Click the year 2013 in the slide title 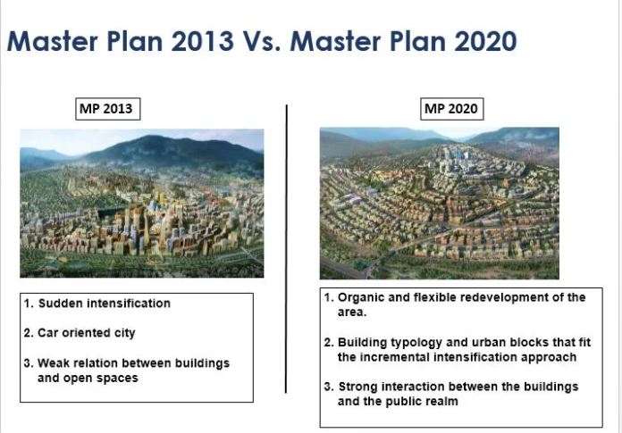[x=202, y=41]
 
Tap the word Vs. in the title [x=262, y=41]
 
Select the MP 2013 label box [x=108, y=109]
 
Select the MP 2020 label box [x=452, y=109]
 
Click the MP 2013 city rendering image [x=141, y=204]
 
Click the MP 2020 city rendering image [x=440, y=204]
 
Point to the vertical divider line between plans [x=286, y=249]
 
